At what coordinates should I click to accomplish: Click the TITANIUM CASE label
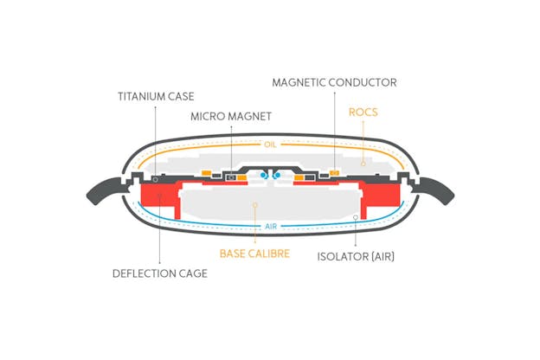[x=156, y=96]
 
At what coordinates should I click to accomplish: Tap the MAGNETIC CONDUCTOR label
[x=334, y=83]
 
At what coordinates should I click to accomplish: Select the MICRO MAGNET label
[x=231, y=117]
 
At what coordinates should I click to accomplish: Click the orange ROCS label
[x=363, y=112]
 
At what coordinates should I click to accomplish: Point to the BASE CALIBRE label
[x=254, y=254]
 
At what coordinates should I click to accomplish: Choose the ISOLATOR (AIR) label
[x=356, y=257]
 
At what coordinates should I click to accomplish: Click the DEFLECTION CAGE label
[x=160, y=273]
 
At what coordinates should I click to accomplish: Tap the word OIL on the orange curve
[x=270, y=145]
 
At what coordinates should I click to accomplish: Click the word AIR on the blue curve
[x=271, y=227]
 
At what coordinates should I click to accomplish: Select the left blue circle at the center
[x=264, y=176]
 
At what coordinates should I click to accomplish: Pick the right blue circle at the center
[x=277, y=176]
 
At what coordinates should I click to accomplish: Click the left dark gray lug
[x=105, y=190]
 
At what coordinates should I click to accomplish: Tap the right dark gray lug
[x=435, y=190]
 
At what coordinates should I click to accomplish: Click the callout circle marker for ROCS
[x=363, y=164]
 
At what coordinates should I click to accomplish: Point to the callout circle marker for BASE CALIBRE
[x=254, y=205]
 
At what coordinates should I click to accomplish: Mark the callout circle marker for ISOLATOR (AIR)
[x=356, y=217]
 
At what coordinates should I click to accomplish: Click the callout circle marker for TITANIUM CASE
[x=155, y=179]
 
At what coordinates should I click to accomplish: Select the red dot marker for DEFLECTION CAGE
[x=160, y=196]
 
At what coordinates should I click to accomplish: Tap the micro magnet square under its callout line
[x=231, y=177]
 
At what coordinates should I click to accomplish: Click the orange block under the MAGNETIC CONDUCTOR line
[x=334, y=172]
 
